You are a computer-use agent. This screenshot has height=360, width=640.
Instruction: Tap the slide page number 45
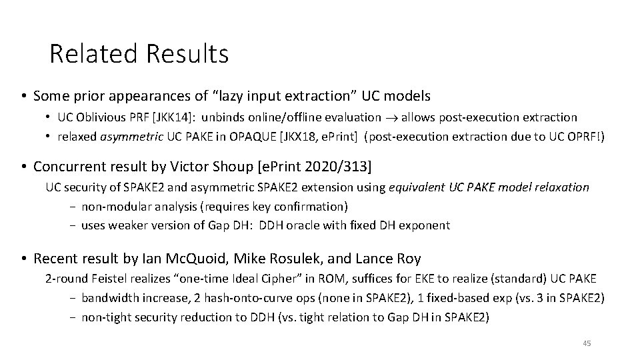tap(587, 343)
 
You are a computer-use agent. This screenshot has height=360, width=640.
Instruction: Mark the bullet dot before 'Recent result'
tap(23, 258)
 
